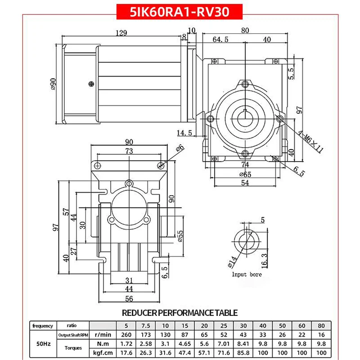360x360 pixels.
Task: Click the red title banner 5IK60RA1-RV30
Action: click(180, 11)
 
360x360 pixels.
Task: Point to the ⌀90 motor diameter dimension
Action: click(54, 84)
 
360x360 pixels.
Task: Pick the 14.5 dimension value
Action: click(184, 133)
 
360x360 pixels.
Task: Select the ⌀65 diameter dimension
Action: click(245, 174)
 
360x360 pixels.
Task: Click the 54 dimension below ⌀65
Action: click(245, 183)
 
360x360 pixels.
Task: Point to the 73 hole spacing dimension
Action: click(129, 152)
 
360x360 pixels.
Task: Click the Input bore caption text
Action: click(246, 274)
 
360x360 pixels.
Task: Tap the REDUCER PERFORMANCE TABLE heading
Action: click(180, 312)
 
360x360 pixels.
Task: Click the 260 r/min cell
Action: click(126, 335)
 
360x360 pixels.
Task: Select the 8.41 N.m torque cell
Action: click(243, 343)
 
